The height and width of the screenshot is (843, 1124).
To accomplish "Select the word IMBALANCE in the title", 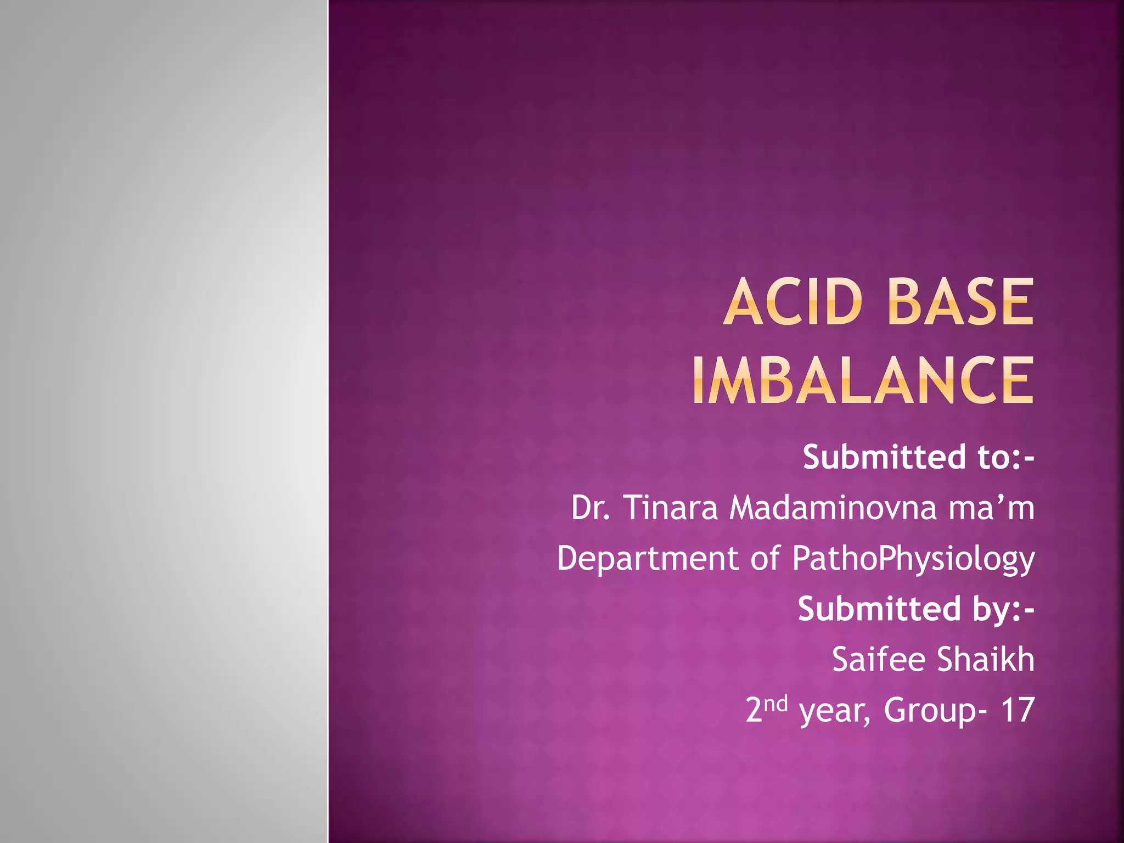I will (863, 380).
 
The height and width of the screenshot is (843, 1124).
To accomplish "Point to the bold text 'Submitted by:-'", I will (915, 609).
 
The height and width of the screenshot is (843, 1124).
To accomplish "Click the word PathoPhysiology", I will (913, 559).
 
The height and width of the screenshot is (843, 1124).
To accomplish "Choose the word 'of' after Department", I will (765, 558).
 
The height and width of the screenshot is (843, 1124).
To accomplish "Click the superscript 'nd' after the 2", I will (776, 703).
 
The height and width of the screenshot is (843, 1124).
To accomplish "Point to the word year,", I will (835, 711).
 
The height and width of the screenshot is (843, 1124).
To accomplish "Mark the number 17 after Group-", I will (1017, 710).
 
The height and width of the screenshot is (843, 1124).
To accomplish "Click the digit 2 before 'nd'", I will (754, 710).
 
